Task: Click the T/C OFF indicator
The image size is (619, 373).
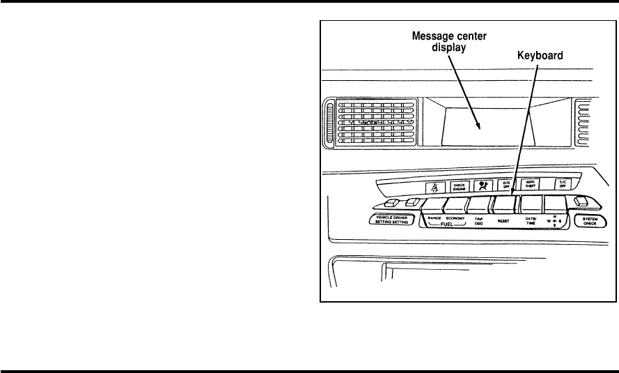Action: (x=561, y=185)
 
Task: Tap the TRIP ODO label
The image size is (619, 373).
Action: (x=479, y=221)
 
